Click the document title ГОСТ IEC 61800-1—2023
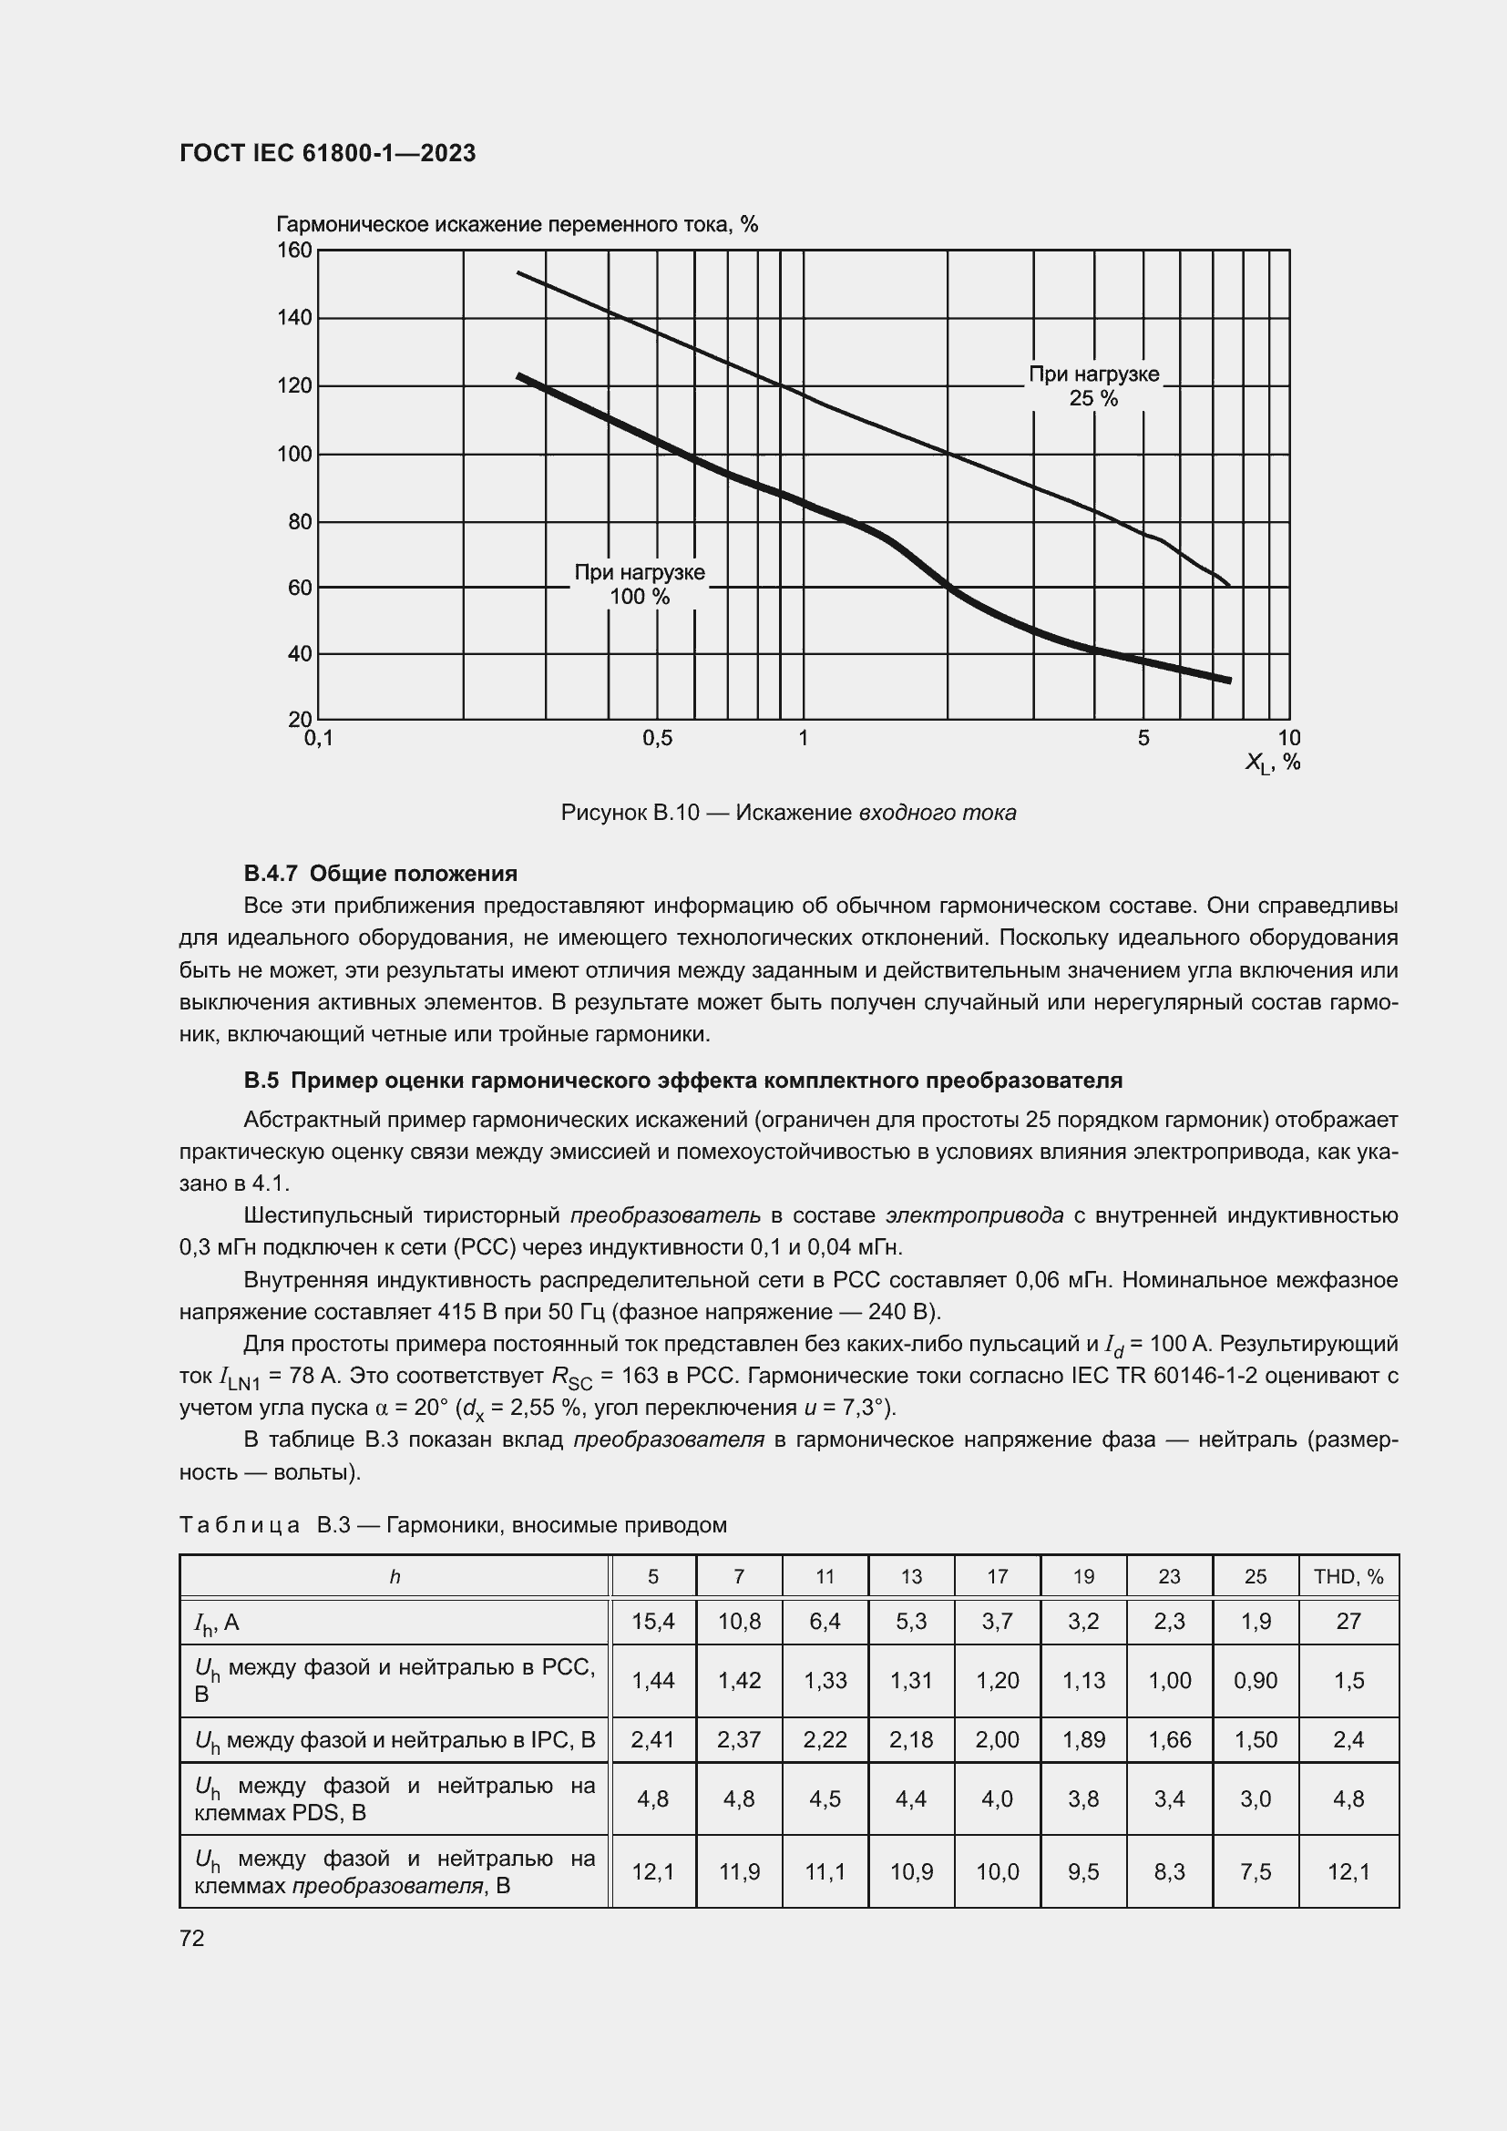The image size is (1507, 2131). click(328, 153)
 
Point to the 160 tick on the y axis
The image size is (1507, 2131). click(295, 251)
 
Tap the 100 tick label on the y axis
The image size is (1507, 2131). click(295, 454)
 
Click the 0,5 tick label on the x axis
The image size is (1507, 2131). click(657, 739)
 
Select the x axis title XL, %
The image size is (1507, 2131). click(1272, 763)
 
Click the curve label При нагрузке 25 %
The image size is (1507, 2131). click(1094, 386)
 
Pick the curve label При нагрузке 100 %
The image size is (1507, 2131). click(640, 585)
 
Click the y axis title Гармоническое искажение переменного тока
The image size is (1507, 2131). click(517, 225)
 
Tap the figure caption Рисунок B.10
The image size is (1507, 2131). click(788, 813)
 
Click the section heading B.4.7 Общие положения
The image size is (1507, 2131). click(381, 874)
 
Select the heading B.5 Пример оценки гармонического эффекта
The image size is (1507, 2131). click(683, 1081)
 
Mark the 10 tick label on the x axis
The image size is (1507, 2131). click(1289, 739)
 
